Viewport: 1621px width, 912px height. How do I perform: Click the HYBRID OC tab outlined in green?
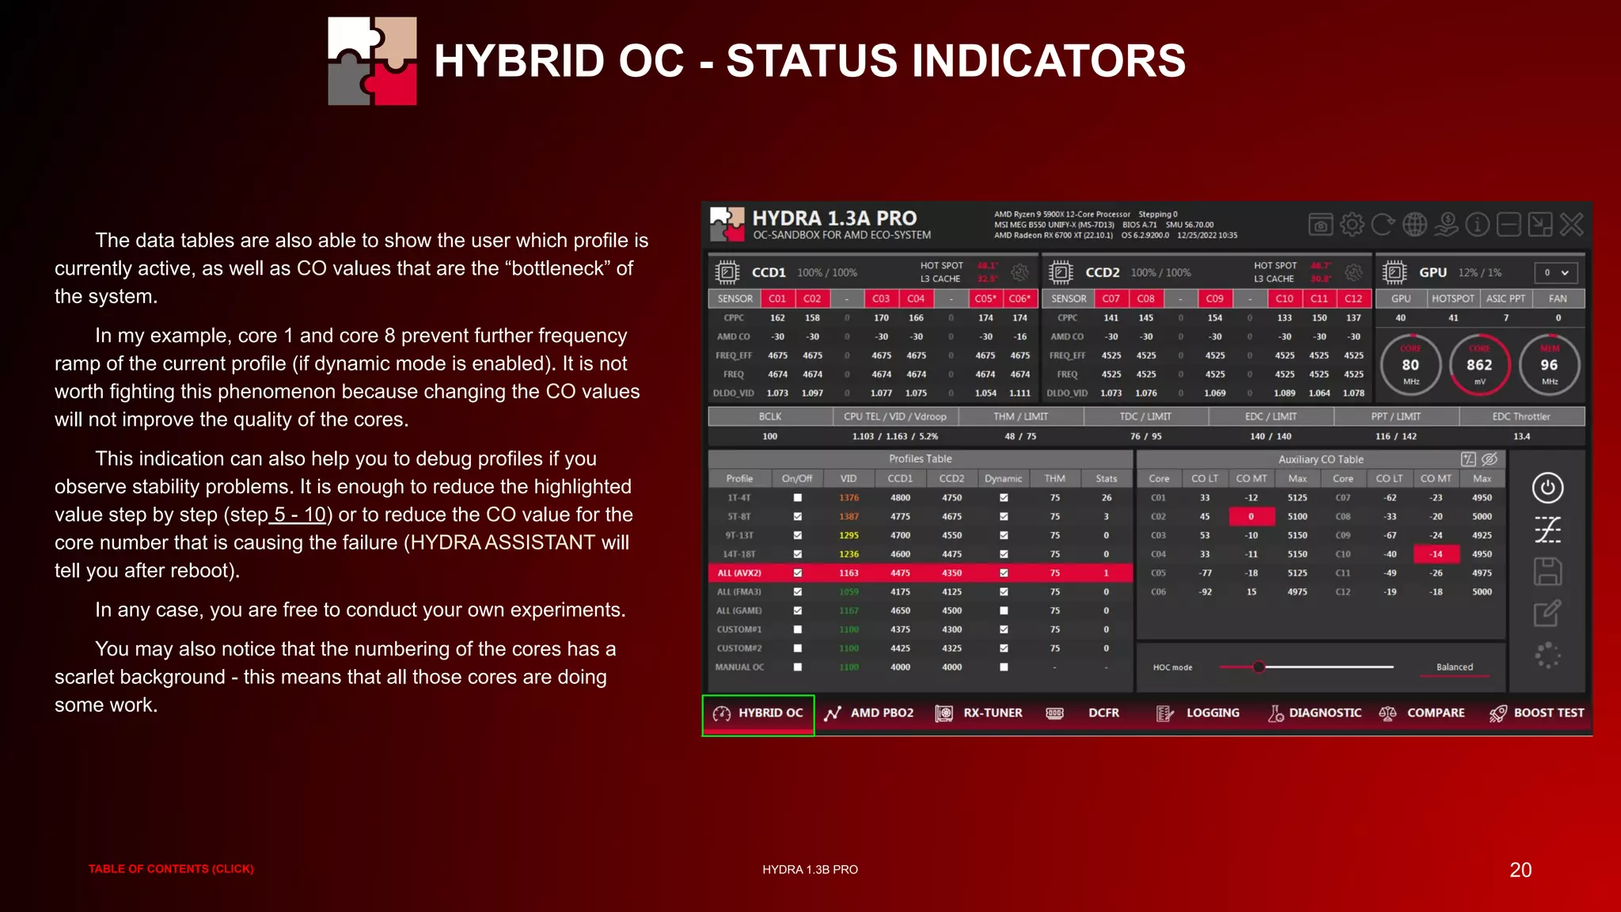click(758, 713)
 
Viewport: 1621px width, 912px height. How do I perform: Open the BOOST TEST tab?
click(1537, 713)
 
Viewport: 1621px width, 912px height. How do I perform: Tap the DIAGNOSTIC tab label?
click(1324, 713)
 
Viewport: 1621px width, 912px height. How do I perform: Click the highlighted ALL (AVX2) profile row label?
click(739, 573)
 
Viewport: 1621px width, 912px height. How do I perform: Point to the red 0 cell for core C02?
click(1251, 517)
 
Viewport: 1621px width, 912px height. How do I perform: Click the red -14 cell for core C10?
click(1436, 554)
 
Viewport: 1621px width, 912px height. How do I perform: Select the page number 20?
click(1520, 870)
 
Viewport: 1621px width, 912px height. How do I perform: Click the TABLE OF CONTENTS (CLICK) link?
click(171, 869)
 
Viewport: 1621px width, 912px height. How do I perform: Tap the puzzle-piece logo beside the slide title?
click(373, 61)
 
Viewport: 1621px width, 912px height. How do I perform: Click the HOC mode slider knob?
click(1258, 667)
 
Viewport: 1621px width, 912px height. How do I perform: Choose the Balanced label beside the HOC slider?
click(1455, 667)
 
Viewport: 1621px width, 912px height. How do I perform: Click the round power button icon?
click(1547, 488)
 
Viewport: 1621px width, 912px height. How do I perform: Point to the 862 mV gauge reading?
click(1479, 365)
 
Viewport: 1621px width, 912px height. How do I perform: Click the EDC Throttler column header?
click(1520, 416)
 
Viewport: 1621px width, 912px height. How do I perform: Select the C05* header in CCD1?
click(985, 299)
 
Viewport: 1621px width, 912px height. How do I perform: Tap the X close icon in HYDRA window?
click(1571, 225)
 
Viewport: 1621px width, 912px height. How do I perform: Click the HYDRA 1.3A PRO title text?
click(834, 218)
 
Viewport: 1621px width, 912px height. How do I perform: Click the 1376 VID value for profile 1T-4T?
click(848, 498)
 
